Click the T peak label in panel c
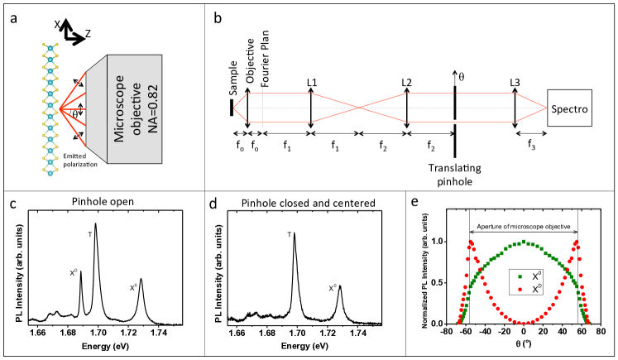coord(89,234)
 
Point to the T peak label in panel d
coord(289,234)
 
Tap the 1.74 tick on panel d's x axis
coord(357,331)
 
